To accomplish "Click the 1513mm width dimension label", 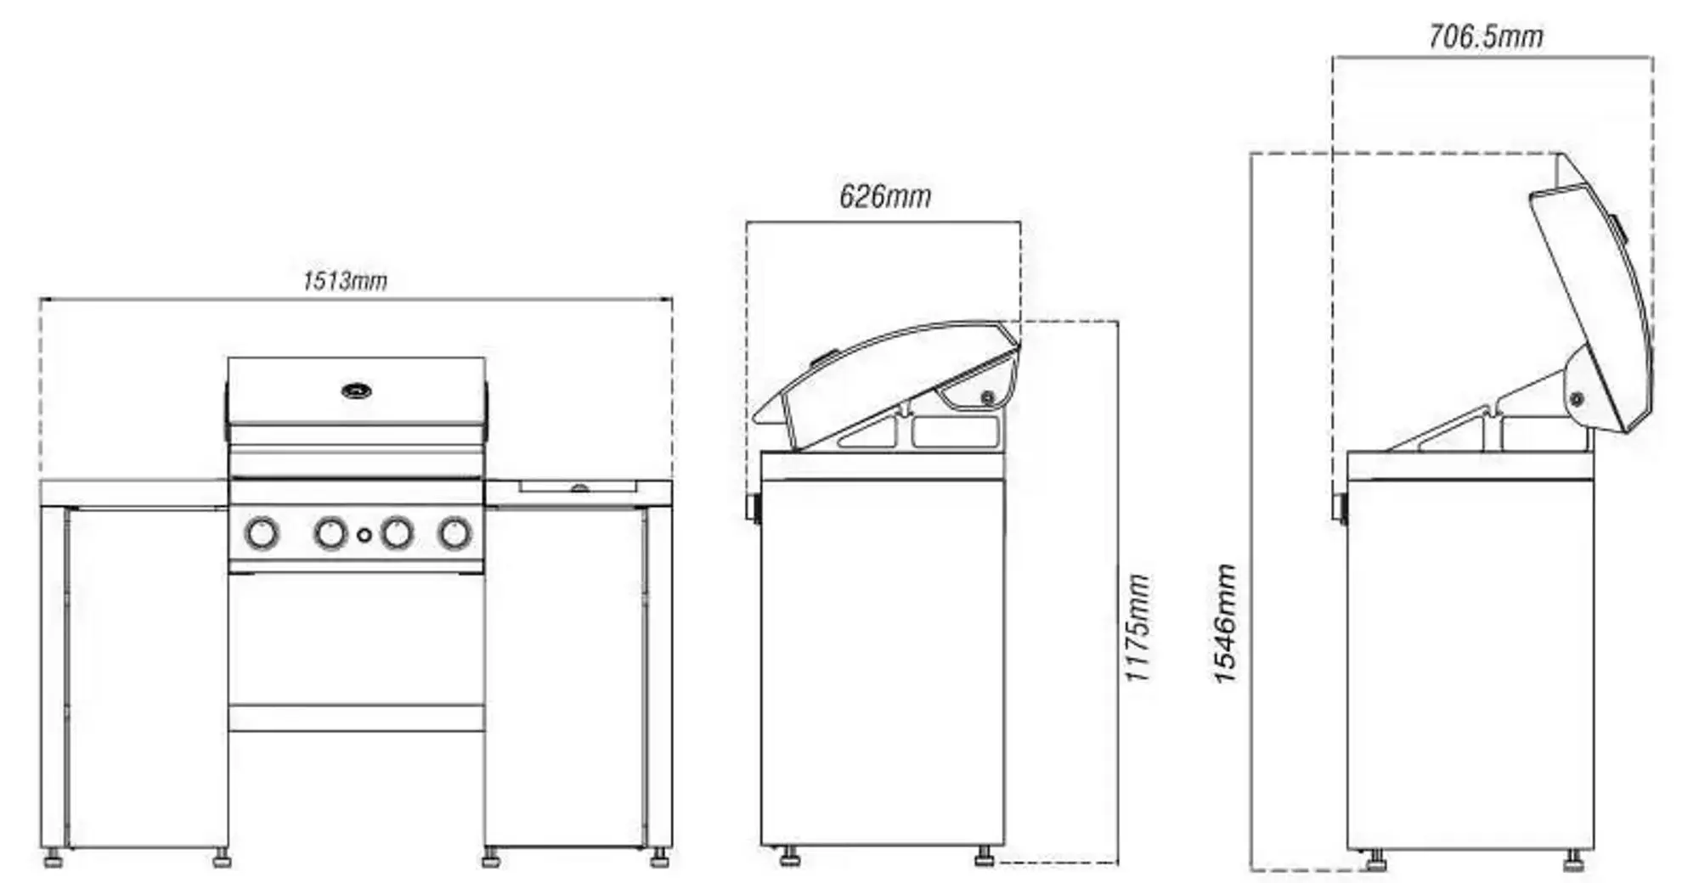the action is (345, 280).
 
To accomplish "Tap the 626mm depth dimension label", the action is (885, 197).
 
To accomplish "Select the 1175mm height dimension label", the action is (1137, 627).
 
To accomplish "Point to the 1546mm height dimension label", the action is (1224, 624).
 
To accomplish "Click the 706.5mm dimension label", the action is (1486, 37).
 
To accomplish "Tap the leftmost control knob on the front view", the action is (262, 533).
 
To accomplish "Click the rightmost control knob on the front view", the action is (455, 533).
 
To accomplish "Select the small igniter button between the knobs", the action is (364, 535).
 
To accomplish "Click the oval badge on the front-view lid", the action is (357, 391).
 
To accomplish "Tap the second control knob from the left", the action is (330, 533).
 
